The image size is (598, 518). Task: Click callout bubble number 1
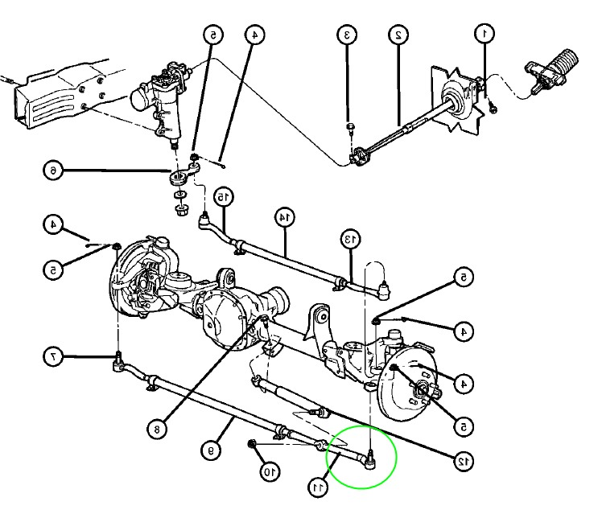point(484,34)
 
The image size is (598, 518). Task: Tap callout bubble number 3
point(347,35)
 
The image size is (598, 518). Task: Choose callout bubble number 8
point(158,430)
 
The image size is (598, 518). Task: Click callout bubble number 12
point(462,461)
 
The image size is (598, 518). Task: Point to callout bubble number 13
point(348,238)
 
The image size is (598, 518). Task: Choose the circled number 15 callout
point(223,195)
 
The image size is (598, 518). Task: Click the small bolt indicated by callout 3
point(349,127)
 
